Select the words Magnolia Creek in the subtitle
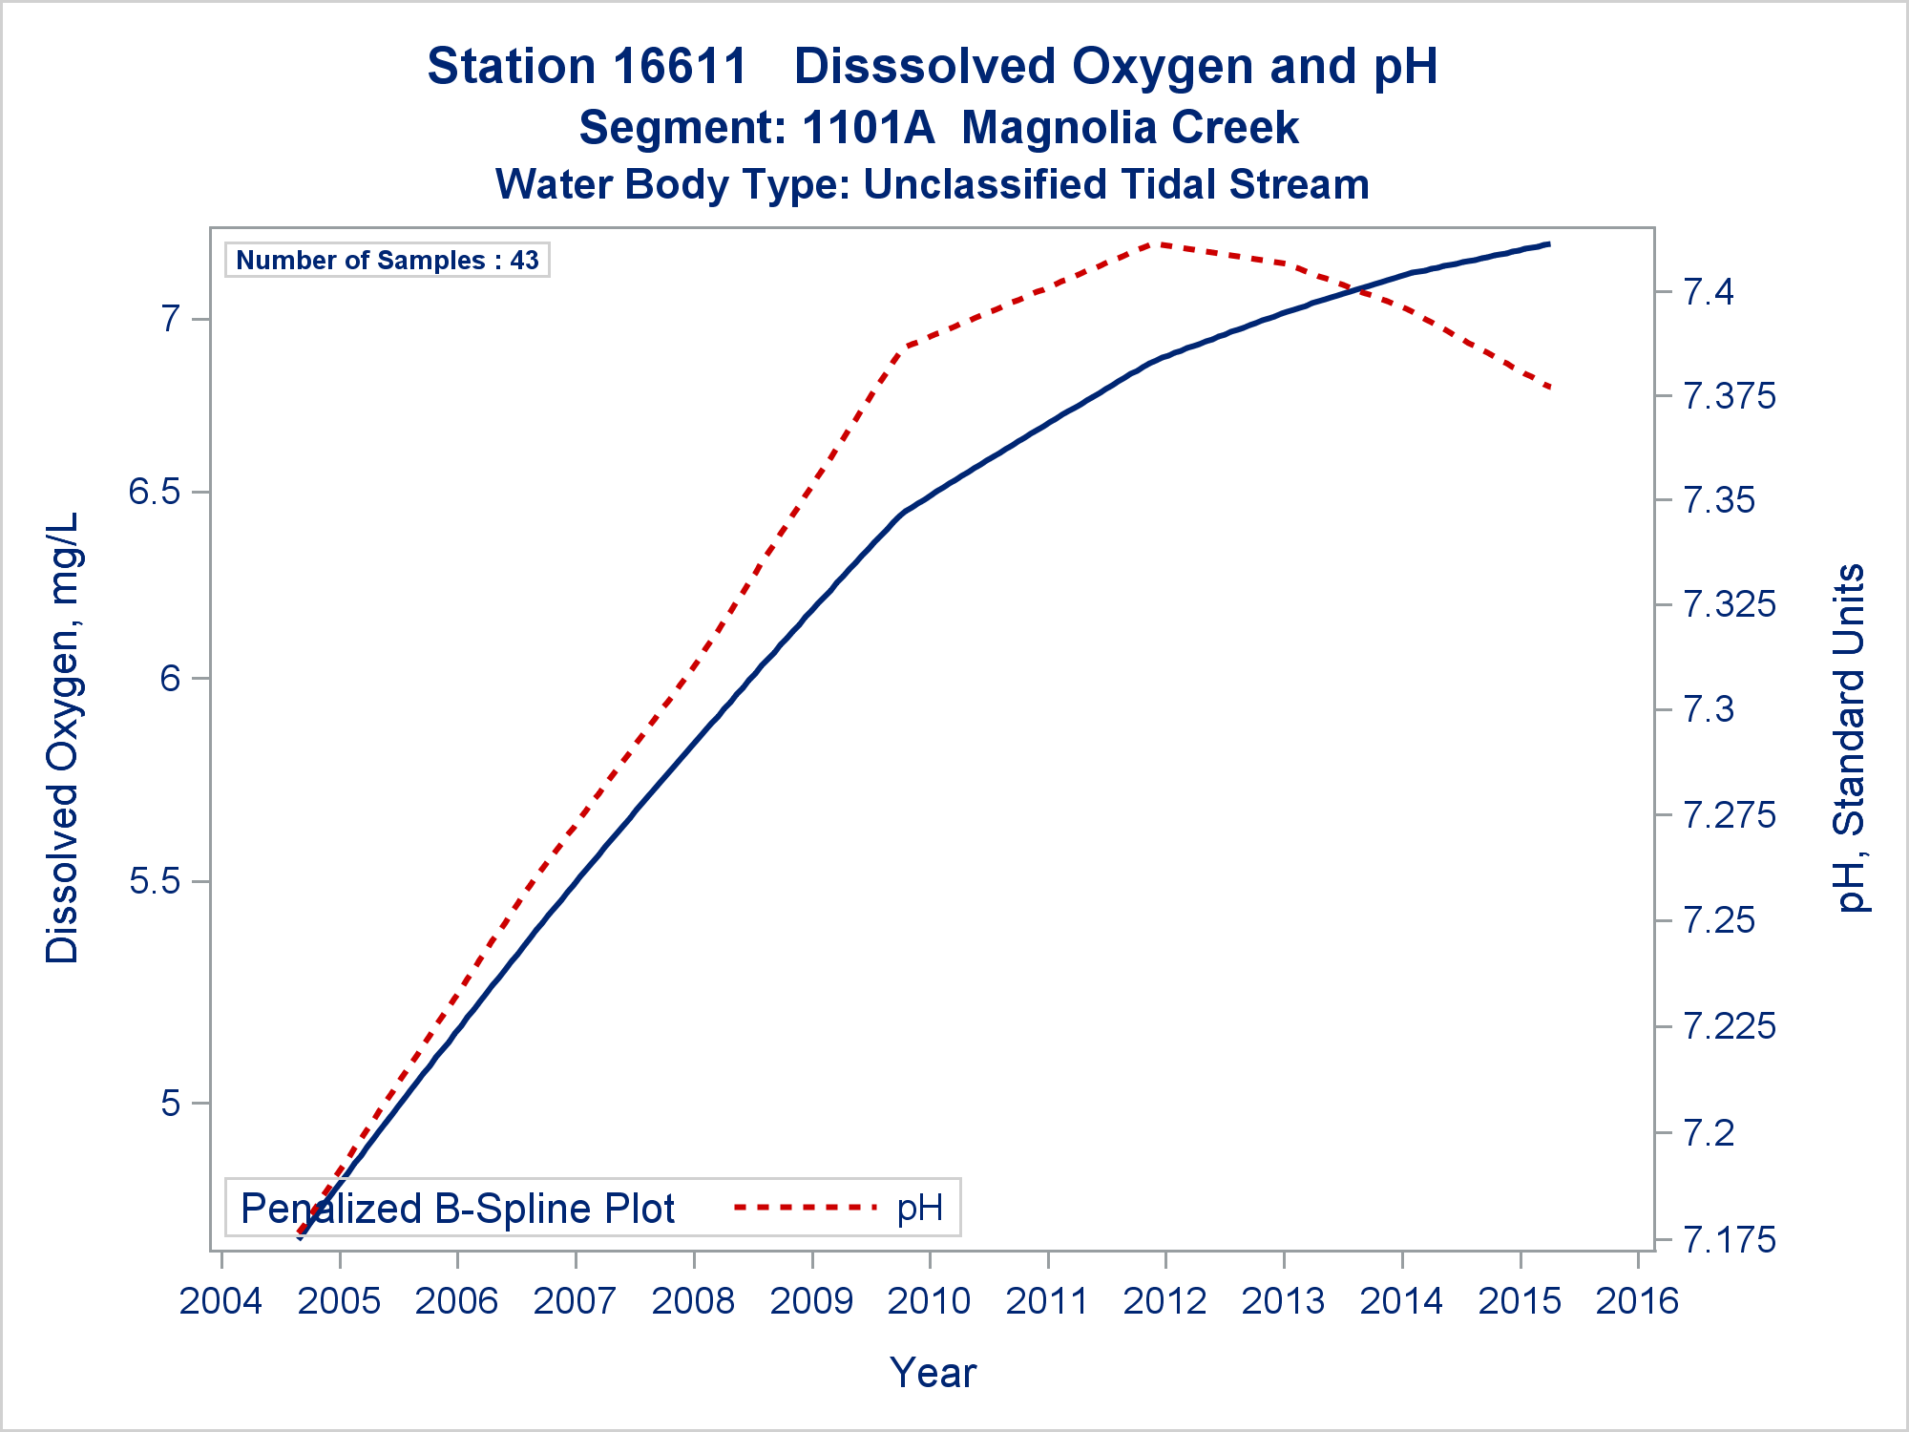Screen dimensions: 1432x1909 [1129, 128]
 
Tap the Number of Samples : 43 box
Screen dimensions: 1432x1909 [387, 260]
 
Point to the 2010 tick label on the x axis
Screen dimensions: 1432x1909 [929, 1301]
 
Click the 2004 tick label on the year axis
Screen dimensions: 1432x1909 [220, 1301]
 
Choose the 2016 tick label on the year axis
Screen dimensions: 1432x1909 [1637, 1301]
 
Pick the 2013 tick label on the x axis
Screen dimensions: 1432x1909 [1283, 1301]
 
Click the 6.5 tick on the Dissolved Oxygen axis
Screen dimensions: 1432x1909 [155, 492]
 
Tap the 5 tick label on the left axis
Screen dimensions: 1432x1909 [170, 1103]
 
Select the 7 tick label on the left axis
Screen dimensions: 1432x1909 [170, 318]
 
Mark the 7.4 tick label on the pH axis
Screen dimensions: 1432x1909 [1709, 291]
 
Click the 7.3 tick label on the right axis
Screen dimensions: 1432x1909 [1709, 709]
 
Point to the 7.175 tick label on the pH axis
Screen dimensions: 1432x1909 [1730, 1239]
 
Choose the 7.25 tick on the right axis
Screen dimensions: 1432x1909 [1719, 920]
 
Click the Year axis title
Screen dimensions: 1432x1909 [933, 1373]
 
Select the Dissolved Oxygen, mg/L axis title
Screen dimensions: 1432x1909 [63, 738]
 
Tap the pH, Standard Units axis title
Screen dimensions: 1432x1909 [1850, 738]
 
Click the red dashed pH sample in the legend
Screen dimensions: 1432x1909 [805, 1208]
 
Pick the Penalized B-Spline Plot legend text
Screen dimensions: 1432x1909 [457, 1209]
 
